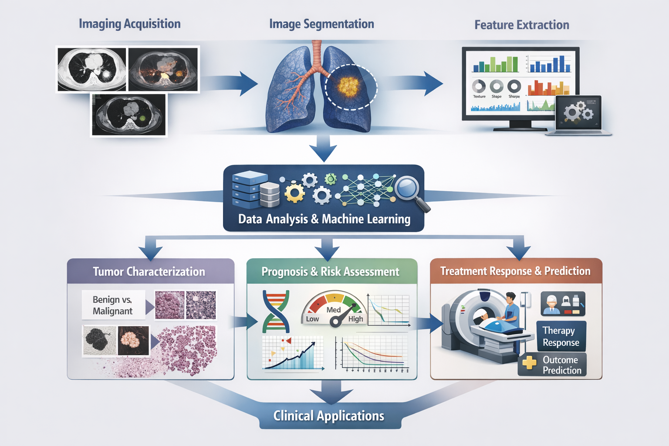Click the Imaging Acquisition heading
(x=129, y=24)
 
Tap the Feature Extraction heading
(x=521, y=25)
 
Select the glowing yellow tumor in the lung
(x=348, y=86)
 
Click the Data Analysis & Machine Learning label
(x=324, y=219)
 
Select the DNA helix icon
(x=276, y=311)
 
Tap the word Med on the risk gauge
(x=334, y=310)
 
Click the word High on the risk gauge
(x=355, y=319)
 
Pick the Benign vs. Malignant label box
(x=113, y=305)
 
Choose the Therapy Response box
(x=561, y=337)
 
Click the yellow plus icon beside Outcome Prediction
(x=529, y=363)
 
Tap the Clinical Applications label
(x=329, y=416)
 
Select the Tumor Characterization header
(x=149, y=272)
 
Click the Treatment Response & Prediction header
(x=515, y=271)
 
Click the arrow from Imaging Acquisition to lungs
(x=235, y=83)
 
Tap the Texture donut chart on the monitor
(x=479, y=86)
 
